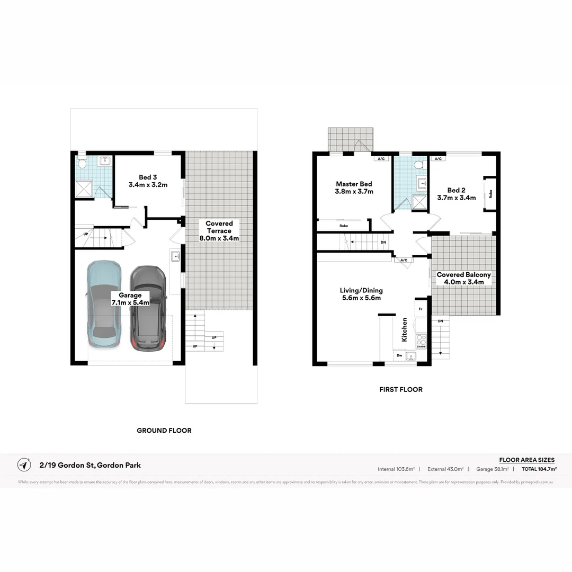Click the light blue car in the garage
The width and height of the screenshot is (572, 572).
(104, 305)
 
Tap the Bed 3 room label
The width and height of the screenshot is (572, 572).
(148, 181)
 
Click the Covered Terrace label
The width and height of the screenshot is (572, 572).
(219, 231)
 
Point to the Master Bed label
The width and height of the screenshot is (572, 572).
(354, 187)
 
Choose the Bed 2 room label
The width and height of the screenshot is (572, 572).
(456, 194)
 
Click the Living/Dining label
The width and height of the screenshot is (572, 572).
(361, 294)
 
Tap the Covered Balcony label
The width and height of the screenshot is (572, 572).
(463, 279)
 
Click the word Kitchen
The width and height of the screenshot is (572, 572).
(405, 329)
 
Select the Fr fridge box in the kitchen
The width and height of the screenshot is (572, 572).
(421, 308)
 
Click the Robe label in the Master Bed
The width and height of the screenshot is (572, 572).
(343, 226)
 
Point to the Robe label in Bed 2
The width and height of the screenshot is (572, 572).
(490, 193)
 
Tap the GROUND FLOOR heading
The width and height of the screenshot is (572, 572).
(164, 431)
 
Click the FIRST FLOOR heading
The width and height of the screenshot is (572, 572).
(401, 389)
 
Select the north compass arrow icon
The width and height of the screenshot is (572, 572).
(24, 465)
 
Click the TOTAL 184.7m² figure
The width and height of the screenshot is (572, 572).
(539, 469)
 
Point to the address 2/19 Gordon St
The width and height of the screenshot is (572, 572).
(91, 466)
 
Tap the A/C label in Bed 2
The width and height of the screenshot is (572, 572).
(437, 158)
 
